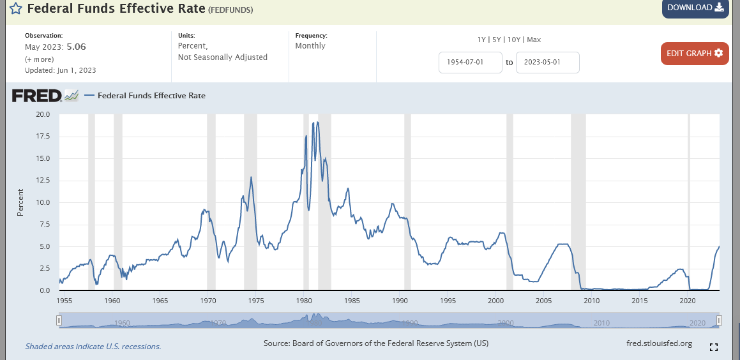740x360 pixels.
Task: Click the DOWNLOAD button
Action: [x=695, y=8]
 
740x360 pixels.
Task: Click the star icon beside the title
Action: [x=16, y=10]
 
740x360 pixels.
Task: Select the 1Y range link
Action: [x=482, y=40]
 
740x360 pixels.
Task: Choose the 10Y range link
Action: [x=513, y=40]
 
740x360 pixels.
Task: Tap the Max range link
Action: [x=534, y=40]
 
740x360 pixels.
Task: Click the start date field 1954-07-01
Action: [x=471, y=63]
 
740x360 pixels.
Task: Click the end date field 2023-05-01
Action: [x=547, y=63]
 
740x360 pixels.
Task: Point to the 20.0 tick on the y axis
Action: [x=43, y=114]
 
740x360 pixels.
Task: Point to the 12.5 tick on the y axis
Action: [x=43, y=181]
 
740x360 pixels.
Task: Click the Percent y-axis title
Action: [x=20, y=202]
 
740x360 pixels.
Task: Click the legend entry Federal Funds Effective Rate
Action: [x=151, y=96]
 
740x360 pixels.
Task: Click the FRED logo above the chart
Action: [x=37, y=96]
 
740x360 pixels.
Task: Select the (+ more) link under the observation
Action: [x=39, y=58]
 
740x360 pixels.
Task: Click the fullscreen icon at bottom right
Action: [x=714, y=347]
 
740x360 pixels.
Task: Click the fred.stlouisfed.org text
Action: [x=660, y=343]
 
